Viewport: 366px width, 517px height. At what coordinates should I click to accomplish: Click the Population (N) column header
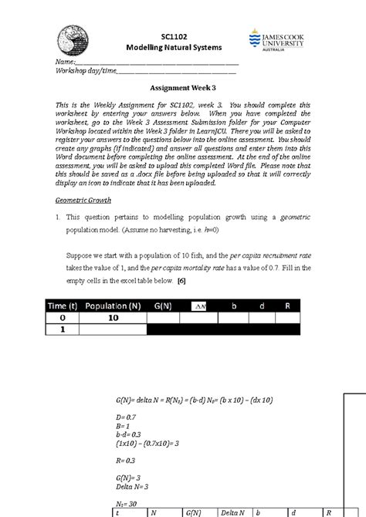(114, 306)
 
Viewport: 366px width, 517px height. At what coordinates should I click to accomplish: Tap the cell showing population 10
(114, 318)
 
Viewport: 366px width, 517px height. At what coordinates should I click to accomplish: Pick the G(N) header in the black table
(163, 306)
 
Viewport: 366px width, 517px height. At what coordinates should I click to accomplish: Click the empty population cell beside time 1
(114, 329)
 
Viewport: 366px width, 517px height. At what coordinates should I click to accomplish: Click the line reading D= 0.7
(124, 416)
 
